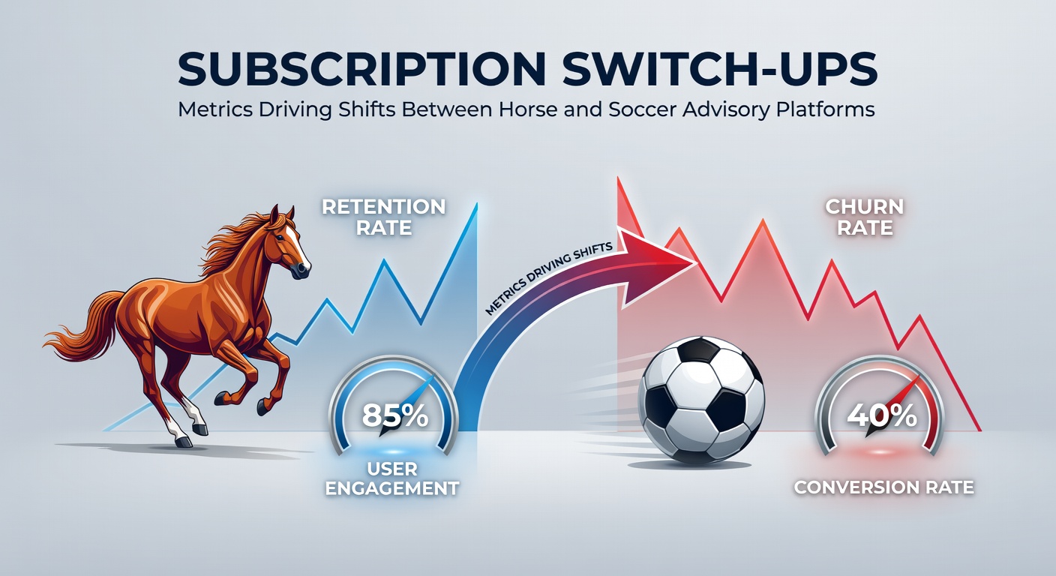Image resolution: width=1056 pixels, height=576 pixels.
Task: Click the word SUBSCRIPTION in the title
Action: [x=361, y=68]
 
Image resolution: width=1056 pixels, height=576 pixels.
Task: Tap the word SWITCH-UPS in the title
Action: [x=720, y=68]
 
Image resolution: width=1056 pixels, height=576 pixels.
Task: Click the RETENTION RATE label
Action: [x=384, y=217]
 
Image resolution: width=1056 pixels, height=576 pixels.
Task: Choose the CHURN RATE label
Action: [x=865, y=217]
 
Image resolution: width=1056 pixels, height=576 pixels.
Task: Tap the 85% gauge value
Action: [x=395, y=415]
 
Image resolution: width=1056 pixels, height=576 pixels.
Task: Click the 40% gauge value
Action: [x=881, y=415]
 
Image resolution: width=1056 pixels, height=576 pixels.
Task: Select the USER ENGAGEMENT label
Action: [x=392, y=478]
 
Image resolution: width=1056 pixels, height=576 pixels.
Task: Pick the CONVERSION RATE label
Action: [x=884, y=487]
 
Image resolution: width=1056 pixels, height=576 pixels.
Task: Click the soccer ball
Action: [x=701, y=400]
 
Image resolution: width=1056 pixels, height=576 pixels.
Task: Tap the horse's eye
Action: [x=281, y=236]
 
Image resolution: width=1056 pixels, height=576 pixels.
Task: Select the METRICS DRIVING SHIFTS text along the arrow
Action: [x=549, y=277]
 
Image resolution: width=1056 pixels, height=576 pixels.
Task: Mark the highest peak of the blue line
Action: [x=477, y=205]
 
